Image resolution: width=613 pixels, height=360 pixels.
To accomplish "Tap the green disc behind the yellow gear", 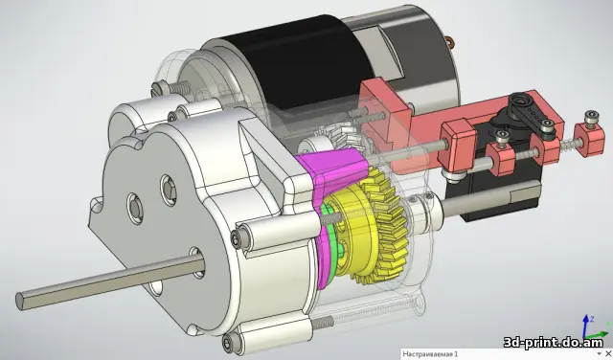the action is [331, 250].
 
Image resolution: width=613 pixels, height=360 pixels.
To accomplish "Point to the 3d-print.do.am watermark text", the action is [554, 343].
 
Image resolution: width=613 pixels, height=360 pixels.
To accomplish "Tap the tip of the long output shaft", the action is [19, 302].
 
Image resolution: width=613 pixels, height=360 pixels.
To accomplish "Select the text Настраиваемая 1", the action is [430, 354].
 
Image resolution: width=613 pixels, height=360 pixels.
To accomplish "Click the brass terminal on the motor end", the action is [451, 41].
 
